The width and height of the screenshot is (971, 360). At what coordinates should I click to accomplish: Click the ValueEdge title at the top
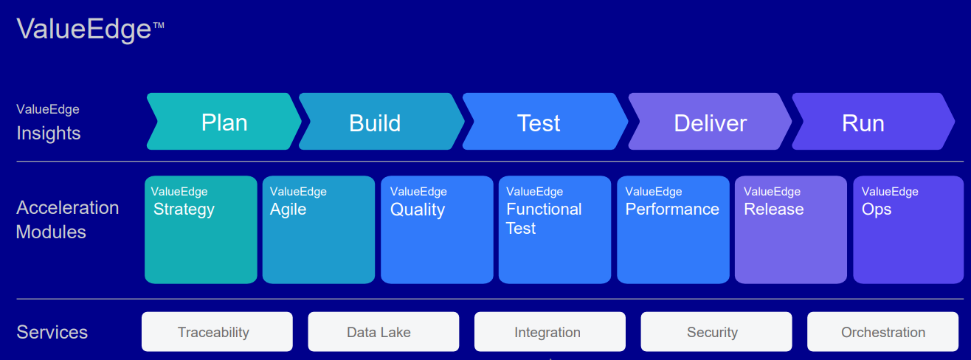[90, 30]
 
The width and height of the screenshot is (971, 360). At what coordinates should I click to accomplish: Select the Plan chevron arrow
[224, 121]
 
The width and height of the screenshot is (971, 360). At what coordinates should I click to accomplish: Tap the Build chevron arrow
[381, 121]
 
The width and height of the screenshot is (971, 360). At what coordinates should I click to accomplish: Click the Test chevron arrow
[545, 121]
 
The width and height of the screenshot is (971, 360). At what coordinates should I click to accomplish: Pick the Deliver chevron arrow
[710, 121]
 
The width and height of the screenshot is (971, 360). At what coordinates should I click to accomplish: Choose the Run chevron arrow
[874, 121]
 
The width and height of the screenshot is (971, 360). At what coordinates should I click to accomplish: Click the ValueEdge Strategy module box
[201, 229]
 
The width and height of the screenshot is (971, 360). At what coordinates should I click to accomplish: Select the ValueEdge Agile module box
[319, 229]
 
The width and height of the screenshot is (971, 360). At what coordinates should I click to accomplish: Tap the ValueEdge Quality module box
[437, 229]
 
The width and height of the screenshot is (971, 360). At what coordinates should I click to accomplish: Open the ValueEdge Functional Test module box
[555, 229]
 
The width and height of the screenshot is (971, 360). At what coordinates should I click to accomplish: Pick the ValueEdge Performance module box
[673, 229]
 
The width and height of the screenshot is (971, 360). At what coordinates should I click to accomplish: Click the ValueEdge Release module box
[791, 229]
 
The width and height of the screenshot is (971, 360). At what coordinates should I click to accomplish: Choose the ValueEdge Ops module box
[908, 229]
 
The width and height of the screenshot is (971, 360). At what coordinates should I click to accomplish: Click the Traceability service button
[217, 332]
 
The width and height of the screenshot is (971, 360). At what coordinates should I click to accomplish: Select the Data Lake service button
[384, 332]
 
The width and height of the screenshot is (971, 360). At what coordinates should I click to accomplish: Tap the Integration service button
[550, 332]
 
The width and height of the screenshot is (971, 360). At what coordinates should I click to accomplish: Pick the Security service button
[716, 332]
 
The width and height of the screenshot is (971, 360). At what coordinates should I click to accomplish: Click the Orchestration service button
[883, 332]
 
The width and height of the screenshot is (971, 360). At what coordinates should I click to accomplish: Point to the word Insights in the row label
[49, 134]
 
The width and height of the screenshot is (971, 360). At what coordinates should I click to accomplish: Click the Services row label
[52, 332]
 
